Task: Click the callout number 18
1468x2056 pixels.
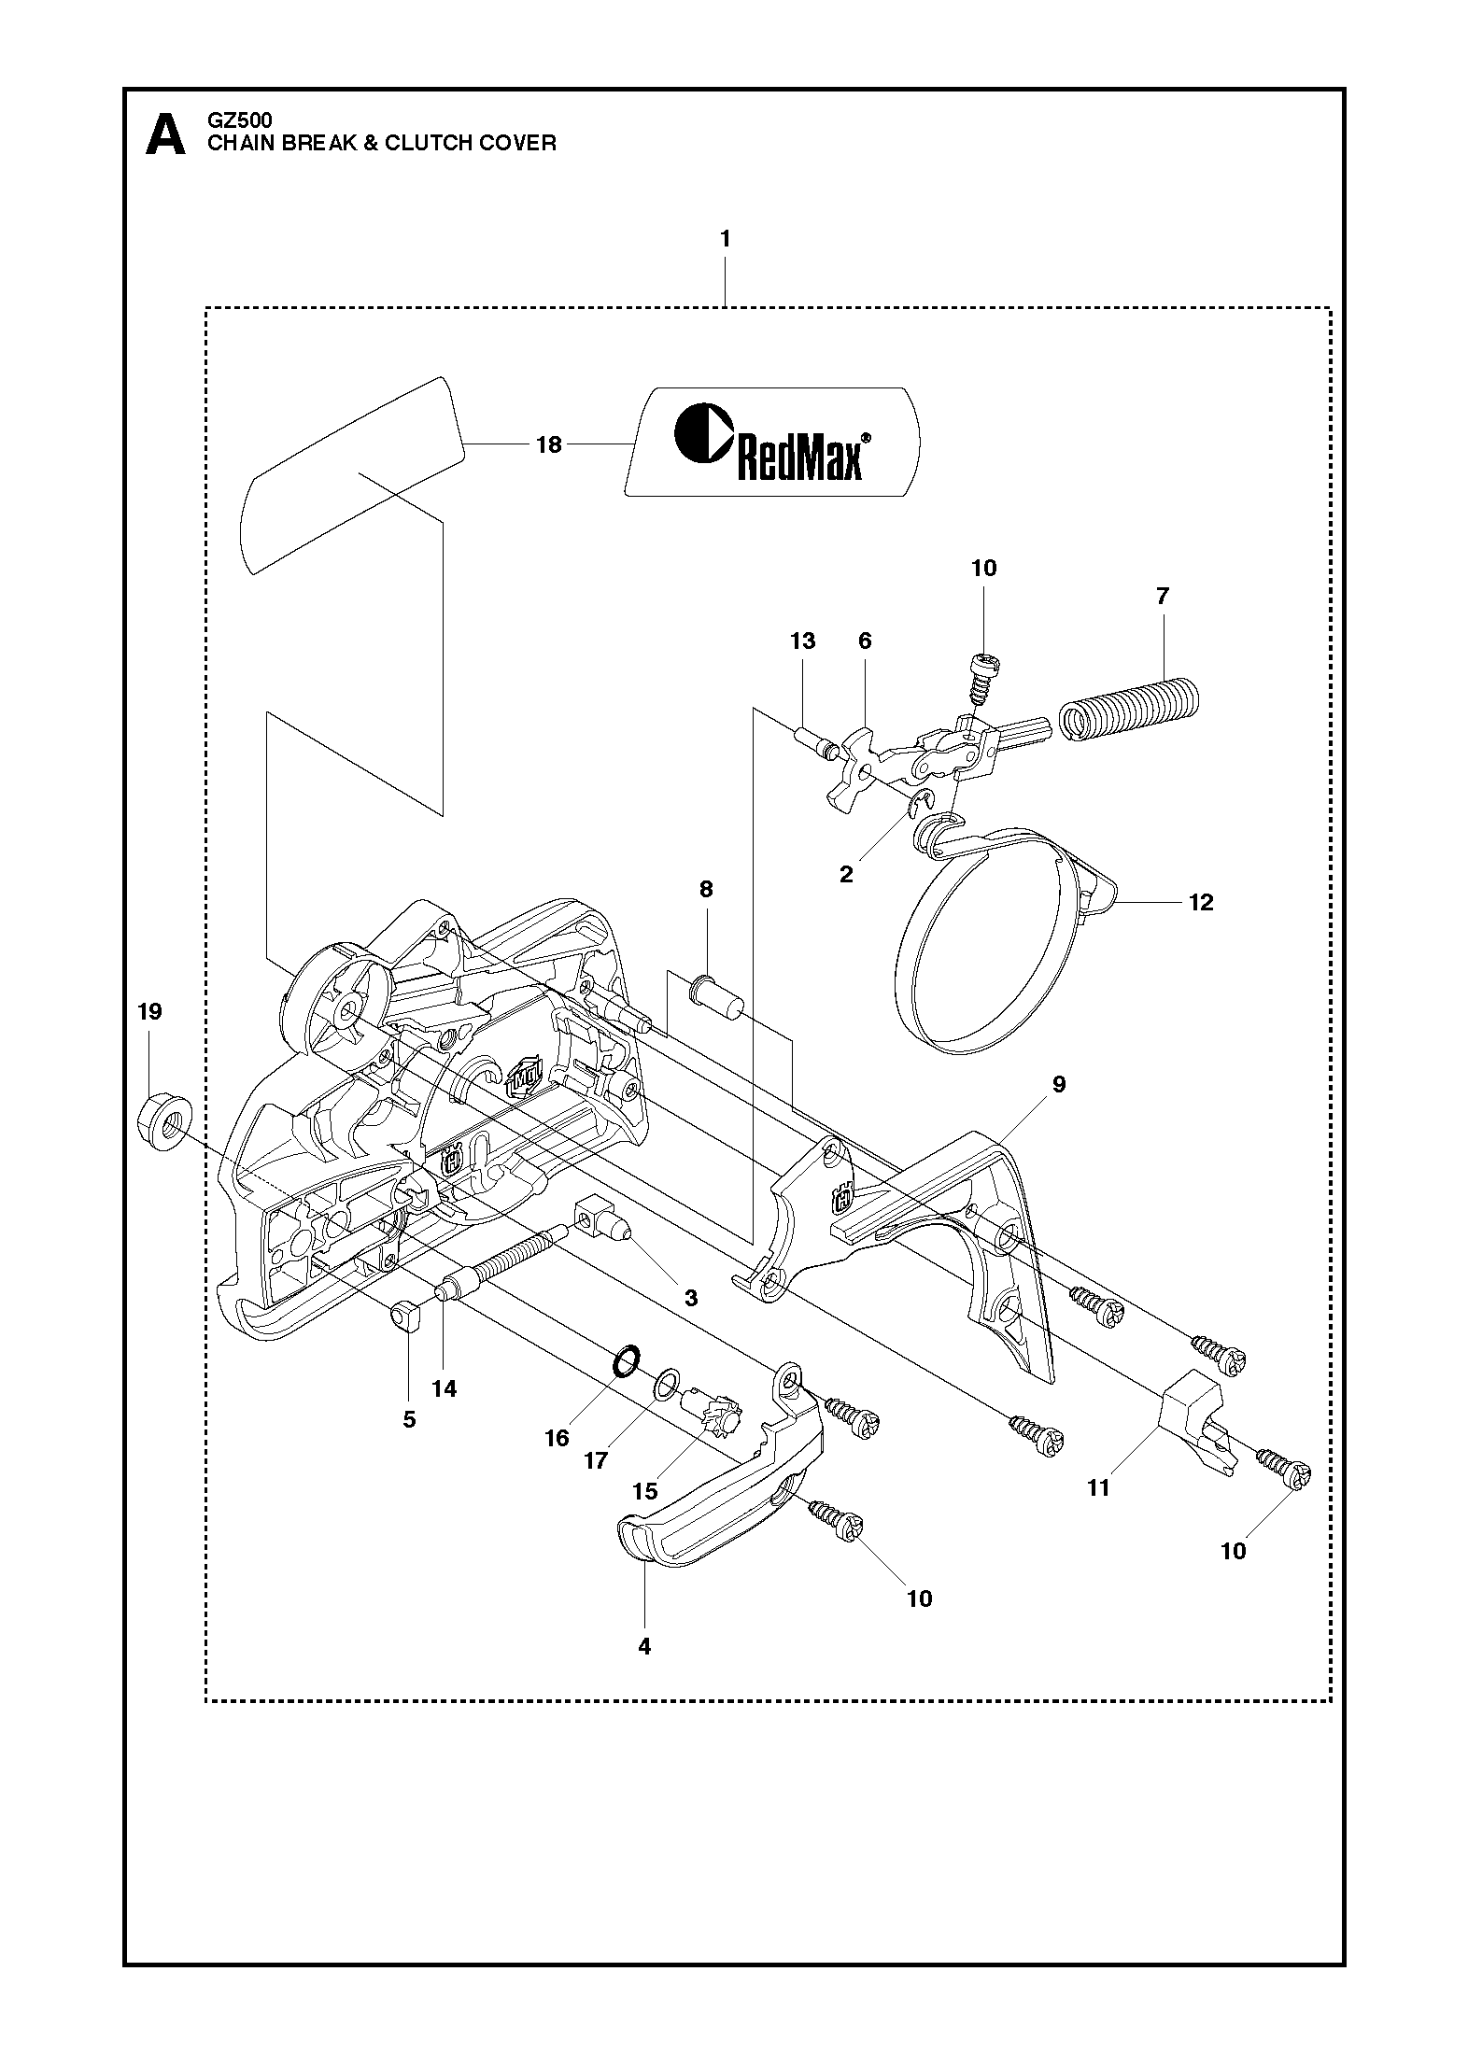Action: pyautogui.click(x=549, y=444)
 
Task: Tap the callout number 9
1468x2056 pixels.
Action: pyautogui.click(x=1058, y=1084)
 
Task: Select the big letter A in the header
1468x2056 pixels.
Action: pyautogui.click(x=166, y=136)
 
